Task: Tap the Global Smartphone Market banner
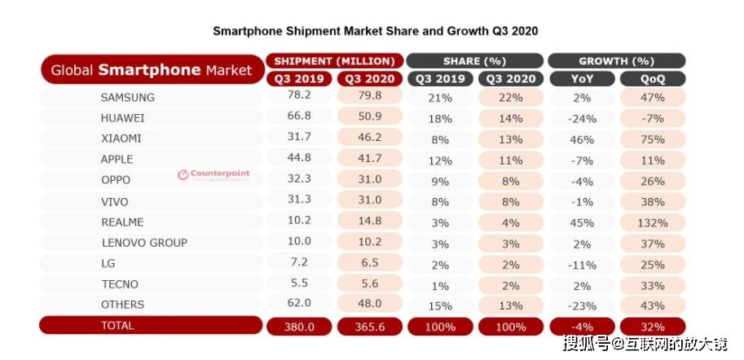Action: click(x=152, y=70)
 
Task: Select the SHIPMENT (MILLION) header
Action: click(x=334, y=61)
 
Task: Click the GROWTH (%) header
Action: click(x=616, y=61)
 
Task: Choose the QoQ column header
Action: click(x=652, y=79)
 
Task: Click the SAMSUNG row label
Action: click(x=127, y=97)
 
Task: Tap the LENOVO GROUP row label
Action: click(x=144, y=242)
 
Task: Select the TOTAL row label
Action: click(x=118, y=325)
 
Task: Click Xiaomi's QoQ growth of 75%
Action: click(x=653, y=138)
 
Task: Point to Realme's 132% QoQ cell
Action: click(x=653, y=222)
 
